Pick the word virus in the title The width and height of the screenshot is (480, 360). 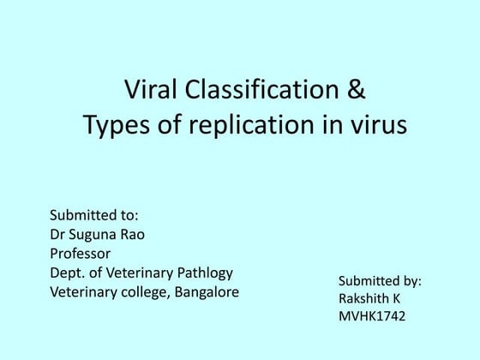tap(378, 125)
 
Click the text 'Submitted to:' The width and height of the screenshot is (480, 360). tap(94, 214)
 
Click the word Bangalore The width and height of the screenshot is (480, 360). tap(204, 293)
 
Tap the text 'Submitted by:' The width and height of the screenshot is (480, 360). tap(380, 281)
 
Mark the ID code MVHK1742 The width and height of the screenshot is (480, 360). tap(372, 317)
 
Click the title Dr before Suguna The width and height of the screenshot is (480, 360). tap(59, 234)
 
